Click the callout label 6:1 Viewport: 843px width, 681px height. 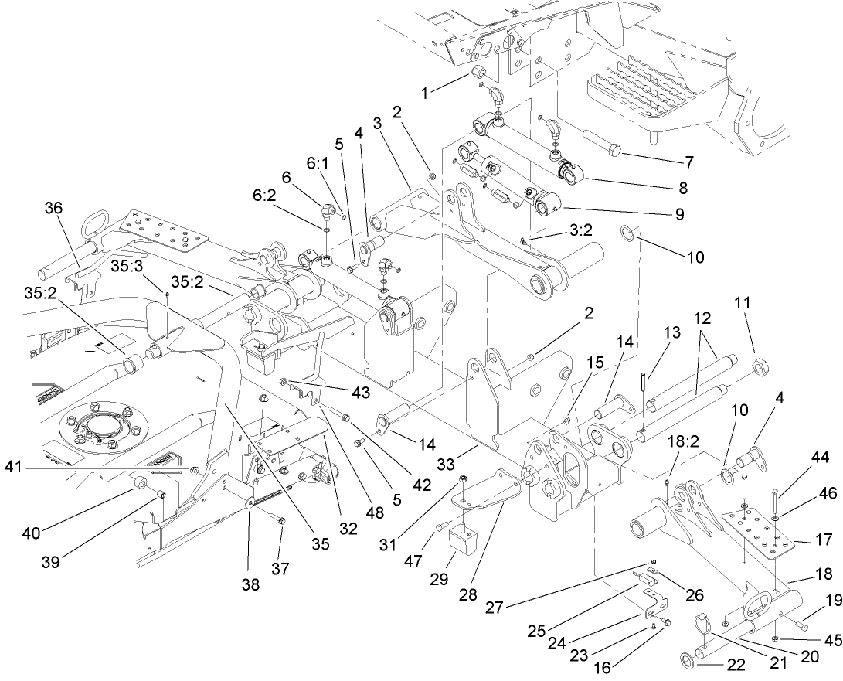[317, 165]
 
